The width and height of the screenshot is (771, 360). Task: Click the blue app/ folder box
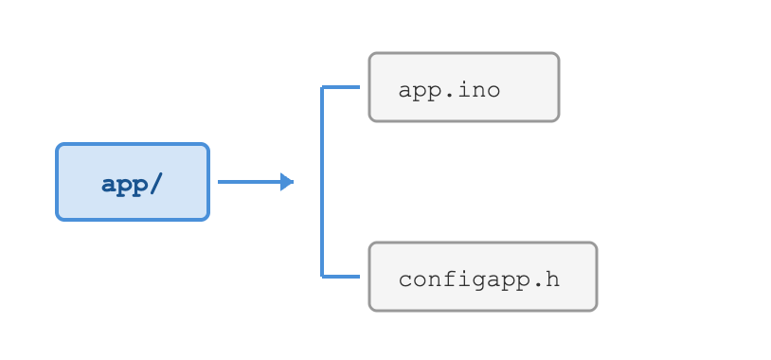pyautogui.click(x=133, y=182)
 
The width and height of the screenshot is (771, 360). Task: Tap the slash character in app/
pyautogui.click(x=155, y=185)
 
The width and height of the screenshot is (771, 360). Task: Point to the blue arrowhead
pyautogui.click(x=287, y=182)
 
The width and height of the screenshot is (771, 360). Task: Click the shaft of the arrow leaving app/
pyautogui.click(x=249, y=182)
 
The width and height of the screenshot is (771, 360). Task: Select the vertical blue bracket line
pyautogui.click(x=322, y=182)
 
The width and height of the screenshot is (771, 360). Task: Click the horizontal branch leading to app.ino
pyautogui.click(x=340, y=87)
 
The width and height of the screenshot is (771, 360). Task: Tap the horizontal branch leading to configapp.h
pyautogui.click(x=340, y=277)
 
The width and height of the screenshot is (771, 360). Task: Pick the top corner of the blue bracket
pyautogui.click(x=322, y=87)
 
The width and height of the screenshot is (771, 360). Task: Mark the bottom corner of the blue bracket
pyautogui.click(x=322, y=277)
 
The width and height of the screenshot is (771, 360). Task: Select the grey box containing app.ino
pyautogui.click(x=464, y=87)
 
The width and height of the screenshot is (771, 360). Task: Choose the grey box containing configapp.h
pyautogui.click(x=483, y=277)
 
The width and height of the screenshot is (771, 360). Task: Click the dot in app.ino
pyautogui.click(x=448, y=96)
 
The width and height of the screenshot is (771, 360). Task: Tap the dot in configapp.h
pyautogui.click(x=536, y=285)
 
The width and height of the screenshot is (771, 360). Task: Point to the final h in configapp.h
pyautogui.click(x=552, y=279)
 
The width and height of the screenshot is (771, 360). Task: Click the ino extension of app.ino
pyautogui.click(x=479, y=90)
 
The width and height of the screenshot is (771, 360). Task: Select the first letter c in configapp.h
pyautogui.click(x=405, y=281)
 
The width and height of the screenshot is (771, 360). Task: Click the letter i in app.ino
pyautogui.click(x=464, y=90)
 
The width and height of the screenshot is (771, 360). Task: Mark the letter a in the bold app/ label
pyautogui.click(x=109, y=186)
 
